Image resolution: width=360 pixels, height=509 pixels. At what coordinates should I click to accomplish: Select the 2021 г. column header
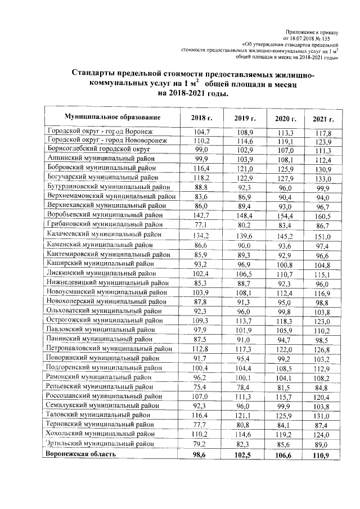323,119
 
